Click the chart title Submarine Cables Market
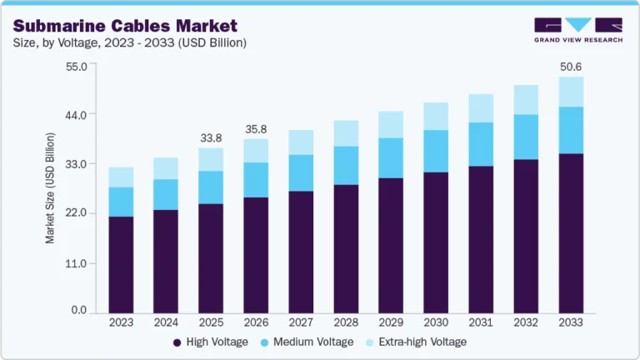pyautogui.click(x=126, y=26)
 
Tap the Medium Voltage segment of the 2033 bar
pyautogui.click(x=571, y=130)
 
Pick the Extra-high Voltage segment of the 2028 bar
pyautogui.click(x=346, y=133)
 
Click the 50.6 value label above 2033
pyautogui.click(x=571, y=66)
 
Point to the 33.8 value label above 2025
pyautogui.click(x=211, y=137)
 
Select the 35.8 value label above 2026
pyautogui.click(x=256, y=129)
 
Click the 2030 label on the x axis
pyautogui.click(x=436, y=322)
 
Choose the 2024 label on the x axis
pyautogui.click(x=166, y=322)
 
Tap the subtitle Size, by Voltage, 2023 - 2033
pyautogui.click(x=130, y=42)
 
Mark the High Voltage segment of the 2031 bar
pyautogui.click(x=481, y=238)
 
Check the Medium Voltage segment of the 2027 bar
pyautogui.click(x=301, y=172)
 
